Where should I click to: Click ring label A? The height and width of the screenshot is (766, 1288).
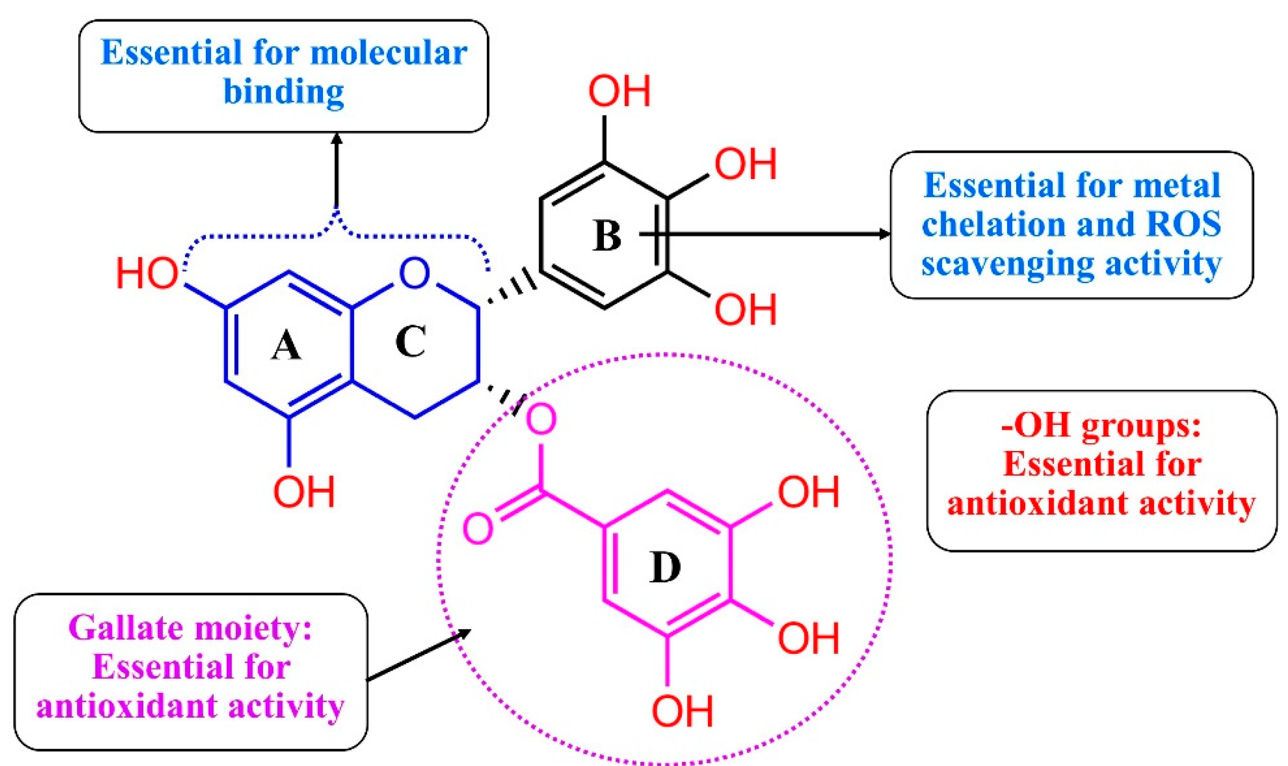287,345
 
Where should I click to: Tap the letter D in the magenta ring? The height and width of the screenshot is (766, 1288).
664,567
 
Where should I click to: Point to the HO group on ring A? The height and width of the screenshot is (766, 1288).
148,273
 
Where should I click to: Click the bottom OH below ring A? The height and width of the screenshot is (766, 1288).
304,491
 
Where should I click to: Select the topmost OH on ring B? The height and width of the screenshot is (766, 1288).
620,91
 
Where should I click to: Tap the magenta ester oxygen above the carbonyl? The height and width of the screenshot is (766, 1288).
541,419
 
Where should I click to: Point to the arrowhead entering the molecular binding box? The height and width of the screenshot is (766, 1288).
337,140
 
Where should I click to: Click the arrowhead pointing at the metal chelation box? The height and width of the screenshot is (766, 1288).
883,234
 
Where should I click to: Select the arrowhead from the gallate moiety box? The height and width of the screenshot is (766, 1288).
462,635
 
